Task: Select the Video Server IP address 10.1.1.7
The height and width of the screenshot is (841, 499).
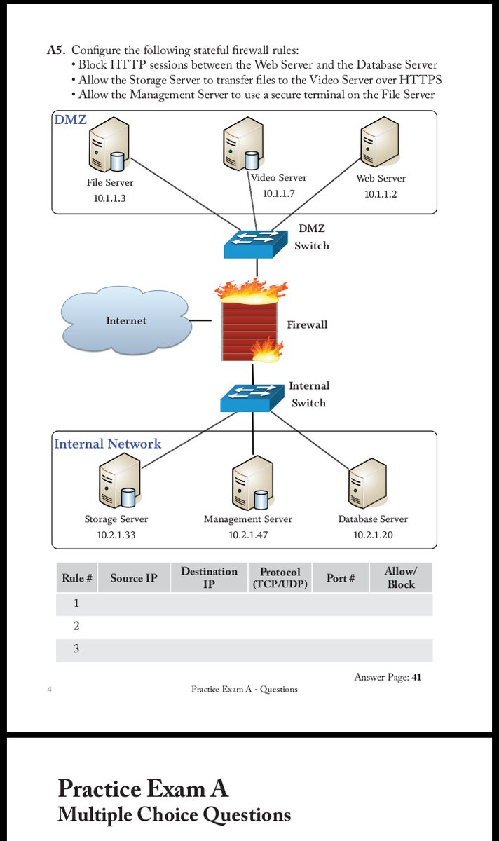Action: [278, 193]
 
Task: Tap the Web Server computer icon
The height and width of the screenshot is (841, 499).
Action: [377, 144]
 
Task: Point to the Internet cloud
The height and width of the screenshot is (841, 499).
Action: [126, 320]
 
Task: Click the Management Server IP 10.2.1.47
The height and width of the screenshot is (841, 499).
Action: [248, 535]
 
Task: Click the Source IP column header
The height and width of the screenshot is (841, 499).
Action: [133, 578]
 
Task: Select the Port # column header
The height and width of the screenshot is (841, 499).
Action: [341, 578]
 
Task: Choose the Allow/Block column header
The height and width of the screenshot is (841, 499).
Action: [400, 578]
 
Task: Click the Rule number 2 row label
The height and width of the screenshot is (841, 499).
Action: [76, 626]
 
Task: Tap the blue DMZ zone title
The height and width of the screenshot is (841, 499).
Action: [70, 120]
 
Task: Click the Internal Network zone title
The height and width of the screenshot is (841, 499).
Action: [107, 444]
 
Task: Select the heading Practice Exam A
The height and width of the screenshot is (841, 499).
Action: [143, 788]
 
